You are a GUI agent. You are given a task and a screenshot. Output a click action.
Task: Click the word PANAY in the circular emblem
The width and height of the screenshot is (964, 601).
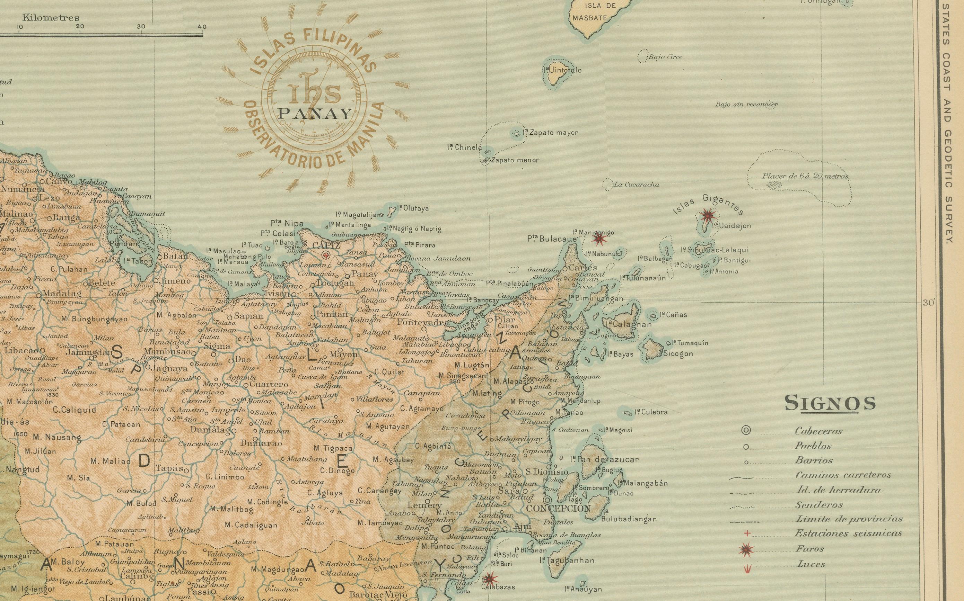click(315, 115)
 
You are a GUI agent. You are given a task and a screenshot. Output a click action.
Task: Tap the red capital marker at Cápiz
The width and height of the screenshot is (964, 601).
click(326, 255)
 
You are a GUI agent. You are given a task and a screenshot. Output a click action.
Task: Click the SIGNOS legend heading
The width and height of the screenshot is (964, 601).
click(830, 403)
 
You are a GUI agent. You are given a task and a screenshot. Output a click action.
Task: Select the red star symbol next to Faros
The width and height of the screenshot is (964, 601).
click(746, 550)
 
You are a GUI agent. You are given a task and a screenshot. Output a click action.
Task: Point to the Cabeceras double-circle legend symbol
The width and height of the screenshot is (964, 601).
click(746, 430)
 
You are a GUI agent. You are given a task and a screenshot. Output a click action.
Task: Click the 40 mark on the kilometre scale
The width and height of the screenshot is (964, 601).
click(202, 27)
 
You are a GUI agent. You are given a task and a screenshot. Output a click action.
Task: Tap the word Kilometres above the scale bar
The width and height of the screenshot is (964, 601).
click(51, 18)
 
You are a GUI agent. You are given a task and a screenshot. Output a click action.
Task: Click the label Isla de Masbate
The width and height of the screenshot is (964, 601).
click(590, 11)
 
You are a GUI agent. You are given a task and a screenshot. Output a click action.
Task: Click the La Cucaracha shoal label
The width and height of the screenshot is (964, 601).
click(636, 185)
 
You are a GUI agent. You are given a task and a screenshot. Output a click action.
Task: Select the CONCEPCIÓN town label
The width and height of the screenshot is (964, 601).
click(558, 508)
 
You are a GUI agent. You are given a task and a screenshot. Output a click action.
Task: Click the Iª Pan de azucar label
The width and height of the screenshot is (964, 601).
click(604, 459)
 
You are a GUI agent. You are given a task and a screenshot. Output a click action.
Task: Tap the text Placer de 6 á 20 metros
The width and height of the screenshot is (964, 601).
click(805, 176)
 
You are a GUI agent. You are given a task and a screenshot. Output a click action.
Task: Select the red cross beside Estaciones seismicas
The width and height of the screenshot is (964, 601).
click(747, 533)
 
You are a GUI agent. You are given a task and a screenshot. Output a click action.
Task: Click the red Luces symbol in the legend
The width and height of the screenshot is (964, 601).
click(747, 569)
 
